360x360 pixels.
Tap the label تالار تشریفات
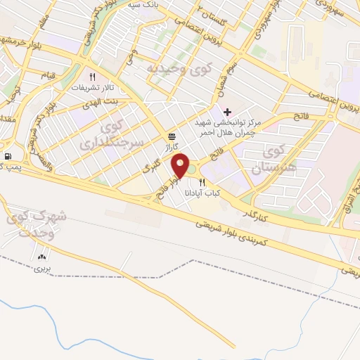click(89, 89)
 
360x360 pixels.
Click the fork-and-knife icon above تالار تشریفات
click(91, 77)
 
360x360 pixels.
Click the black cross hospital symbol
click(226, 112)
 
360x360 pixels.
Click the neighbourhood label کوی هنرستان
click(276, 160)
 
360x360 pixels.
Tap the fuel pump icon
click(7, 156)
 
